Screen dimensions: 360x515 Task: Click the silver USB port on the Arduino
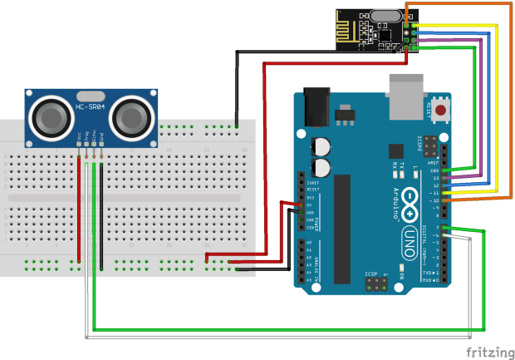pos(407,90)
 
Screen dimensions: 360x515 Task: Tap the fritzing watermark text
pos(488,352)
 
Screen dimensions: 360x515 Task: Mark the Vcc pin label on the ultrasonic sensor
pos(80,135)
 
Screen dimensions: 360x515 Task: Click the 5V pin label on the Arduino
pos(311,205)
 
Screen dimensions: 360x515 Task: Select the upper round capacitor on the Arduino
pos(321,147)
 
